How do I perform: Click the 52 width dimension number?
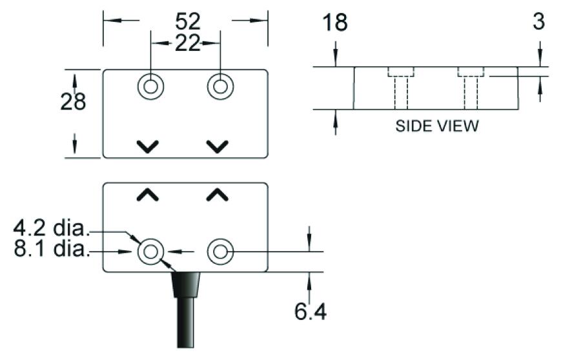pos(188,21)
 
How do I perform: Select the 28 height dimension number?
pos(73,101)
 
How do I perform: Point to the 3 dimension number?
pos(538,21)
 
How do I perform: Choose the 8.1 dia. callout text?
pos(52,249)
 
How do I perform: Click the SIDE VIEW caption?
pos(437,126)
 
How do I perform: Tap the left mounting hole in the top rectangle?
pos(150,86)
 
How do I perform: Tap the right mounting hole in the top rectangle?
pos(219,86)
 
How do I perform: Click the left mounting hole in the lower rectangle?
pos(151,252)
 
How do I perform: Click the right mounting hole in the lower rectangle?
pos(219,252)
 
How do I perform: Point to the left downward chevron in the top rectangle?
pos(148,146)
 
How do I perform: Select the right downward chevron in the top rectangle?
pos(219,146)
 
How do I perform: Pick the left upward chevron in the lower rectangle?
pos(148,194)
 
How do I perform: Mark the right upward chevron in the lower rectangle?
pos(219,194)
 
